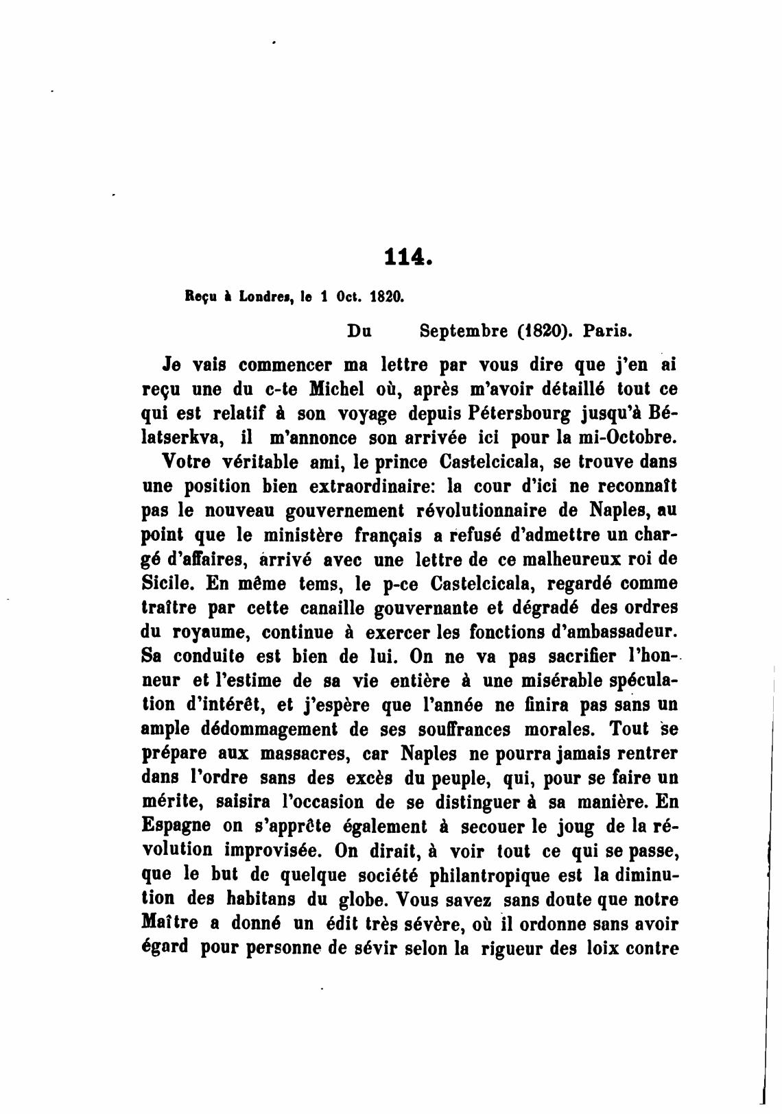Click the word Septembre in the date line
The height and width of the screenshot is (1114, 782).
point(464,331)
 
